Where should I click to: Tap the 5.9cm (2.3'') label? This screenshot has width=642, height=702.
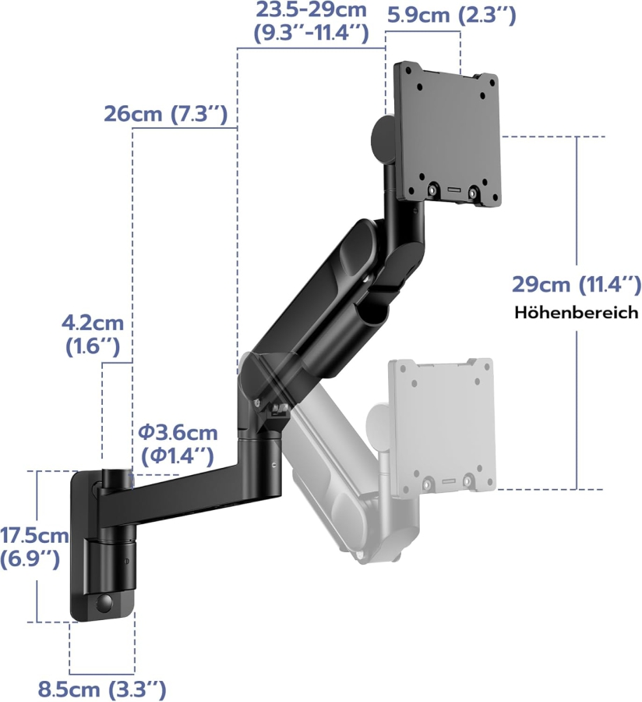451,15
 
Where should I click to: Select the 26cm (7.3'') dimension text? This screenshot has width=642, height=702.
165,115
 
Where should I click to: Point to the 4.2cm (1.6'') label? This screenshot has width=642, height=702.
93,335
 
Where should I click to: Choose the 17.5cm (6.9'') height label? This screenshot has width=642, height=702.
34,547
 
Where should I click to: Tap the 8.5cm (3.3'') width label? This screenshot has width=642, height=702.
101,690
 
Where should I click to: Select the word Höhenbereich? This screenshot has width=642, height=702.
576,313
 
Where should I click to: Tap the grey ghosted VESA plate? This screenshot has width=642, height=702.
443,425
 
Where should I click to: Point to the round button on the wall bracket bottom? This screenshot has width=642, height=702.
104,603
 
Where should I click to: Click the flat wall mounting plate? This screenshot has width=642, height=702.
81,546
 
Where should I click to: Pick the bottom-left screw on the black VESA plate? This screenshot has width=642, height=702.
432,190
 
